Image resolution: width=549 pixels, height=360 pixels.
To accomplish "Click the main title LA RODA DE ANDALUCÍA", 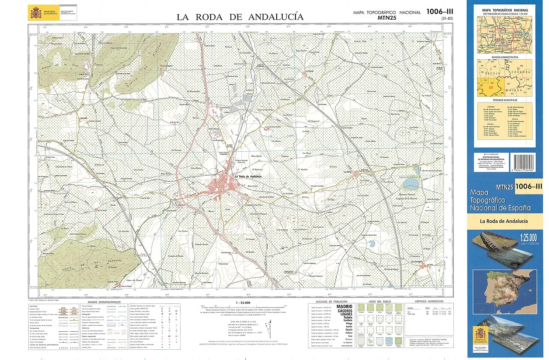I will point(240,17).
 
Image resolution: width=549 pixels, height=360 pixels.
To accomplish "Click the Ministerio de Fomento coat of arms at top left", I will point(35,13).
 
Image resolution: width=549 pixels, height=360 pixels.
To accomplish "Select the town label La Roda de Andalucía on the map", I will point(248,177).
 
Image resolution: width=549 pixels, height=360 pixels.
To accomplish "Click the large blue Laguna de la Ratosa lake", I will point(410,185).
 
